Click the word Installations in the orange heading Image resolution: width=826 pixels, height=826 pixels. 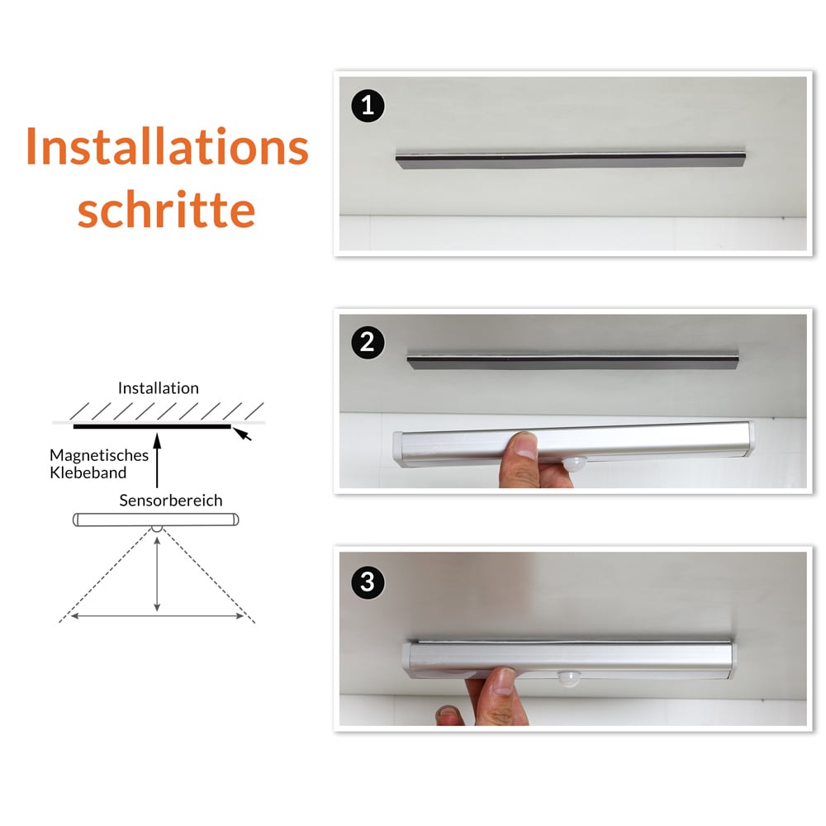coord(167,147)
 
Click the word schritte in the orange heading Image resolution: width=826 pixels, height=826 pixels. coord(167,210)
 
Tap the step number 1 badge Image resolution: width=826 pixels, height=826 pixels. coord(368,106)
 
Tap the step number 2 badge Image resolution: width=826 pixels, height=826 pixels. coord(368,342)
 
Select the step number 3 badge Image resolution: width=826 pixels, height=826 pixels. coord(368,582)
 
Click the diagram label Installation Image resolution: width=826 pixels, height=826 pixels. coord(158,387)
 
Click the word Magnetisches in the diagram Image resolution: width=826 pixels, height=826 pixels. coord(99,455)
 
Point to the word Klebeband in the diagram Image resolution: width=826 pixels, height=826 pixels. coord(88,472)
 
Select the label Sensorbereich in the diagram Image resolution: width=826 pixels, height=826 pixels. coord(170,500)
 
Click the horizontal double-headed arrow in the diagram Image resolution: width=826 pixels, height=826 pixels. coord(157,615)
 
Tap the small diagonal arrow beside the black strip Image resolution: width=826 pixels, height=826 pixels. coord(243,434)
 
